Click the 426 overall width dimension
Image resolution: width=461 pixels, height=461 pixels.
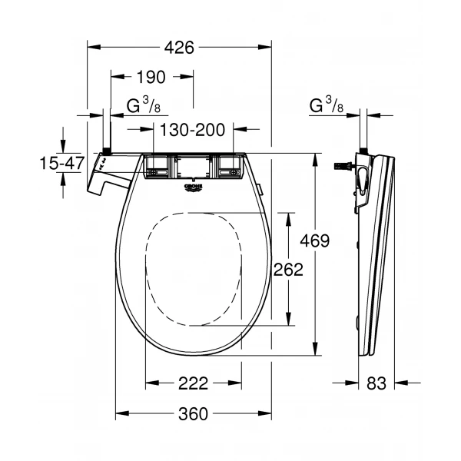pyautogui.click(x=178, y=48)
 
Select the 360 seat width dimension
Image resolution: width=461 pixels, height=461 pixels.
pyautogui.click(x=193, y=414)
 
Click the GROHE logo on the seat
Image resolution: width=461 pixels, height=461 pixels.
pyautogui.click(x=194, y=187)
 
